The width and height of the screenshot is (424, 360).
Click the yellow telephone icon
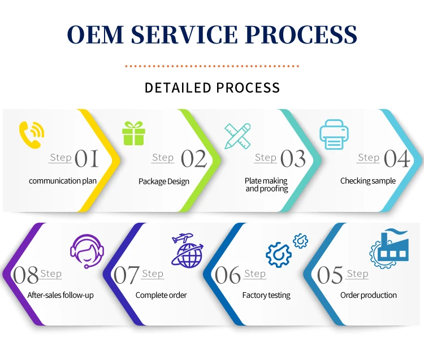(31, 135)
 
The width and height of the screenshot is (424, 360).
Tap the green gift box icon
(134, 133)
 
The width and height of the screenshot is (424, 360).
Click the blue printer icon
(335, 135)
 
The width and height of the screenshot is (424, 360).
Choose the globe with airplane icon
(187, 250)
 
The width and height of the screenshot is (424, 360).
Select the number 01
(86, 159)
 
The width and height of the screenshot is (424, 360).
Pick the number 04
(397, 159)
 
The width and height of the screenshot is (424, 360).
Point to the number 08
(25, 276)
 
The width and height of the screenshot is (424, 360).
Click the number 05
(330, 276)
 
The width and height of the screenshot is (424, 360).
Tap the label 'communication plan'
(63, 181)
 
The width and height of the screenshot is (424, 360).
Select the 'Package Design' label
(164, 181)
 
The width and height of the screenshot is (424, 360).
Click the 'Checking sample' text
(368, 181)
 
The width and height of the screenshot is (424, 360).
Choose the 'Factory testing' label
(266, 295)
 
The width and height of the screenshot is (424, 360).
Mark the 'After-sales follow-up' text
(60, 295)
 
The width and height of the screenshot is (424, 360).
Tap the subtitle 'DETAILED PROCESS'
(212, 88)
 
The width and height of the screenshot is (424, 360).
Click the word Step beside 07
(153, 274)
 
